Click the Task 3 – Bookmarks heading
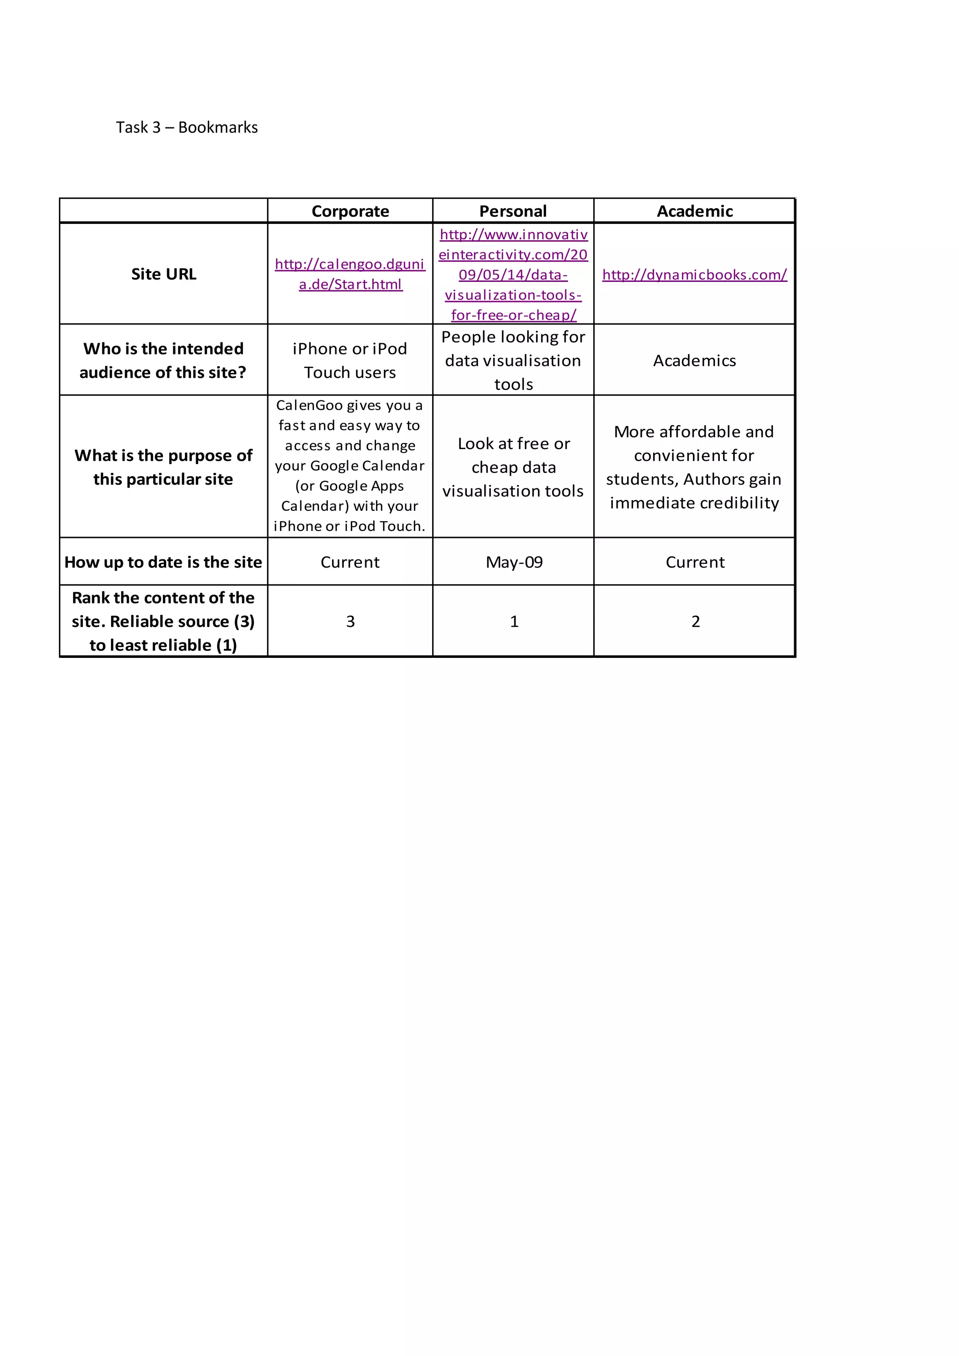(187, 127)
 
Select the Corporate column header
(350, 212)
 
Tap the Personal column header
(513, 212)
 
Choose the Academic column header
(694, 212)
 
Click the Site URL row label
(163, 274)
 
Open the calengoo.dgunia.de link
(350, 274)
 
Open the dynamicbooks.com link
(694, 275)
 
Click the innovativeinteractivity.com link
(513, 275)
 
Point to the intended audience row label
(163, 360)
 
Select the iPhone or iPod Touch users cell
(350, 360)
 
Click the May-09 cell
(514, 562)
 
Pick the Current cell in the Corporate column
(350, 562)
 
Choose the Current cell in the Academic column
(695, 562)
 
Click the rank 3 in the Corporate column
(350, 621)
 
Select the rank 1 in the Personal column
(514, 621)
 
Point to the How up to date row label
(163, 562)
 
